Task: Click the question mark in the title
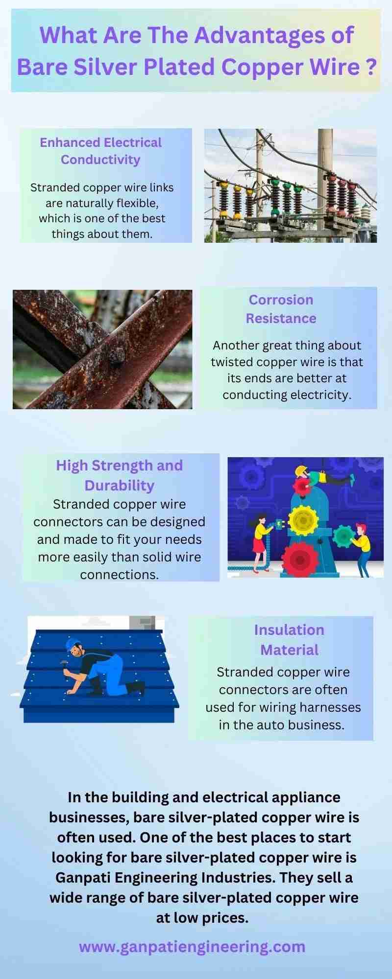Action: point(371,67)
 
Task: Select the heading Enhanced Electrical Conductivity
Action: point(100,151)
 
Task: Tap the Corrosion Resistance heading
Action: point(281,309)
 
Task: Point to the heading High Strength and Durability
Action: point(119,475)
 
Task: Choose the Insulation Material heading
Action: point(289,640)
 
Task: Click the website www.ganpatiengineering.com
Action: point(192,946)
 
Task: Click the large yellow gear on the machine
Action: point(303,520)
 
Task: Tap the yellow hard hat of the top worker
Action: point(300,471)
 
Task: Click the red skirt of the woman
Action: point(258,544)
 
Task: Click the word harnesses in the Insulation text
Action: point(324,707)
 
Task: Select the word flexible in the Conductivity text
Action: point(139,203)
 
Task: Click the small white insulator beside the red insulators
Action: point(365,212)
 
